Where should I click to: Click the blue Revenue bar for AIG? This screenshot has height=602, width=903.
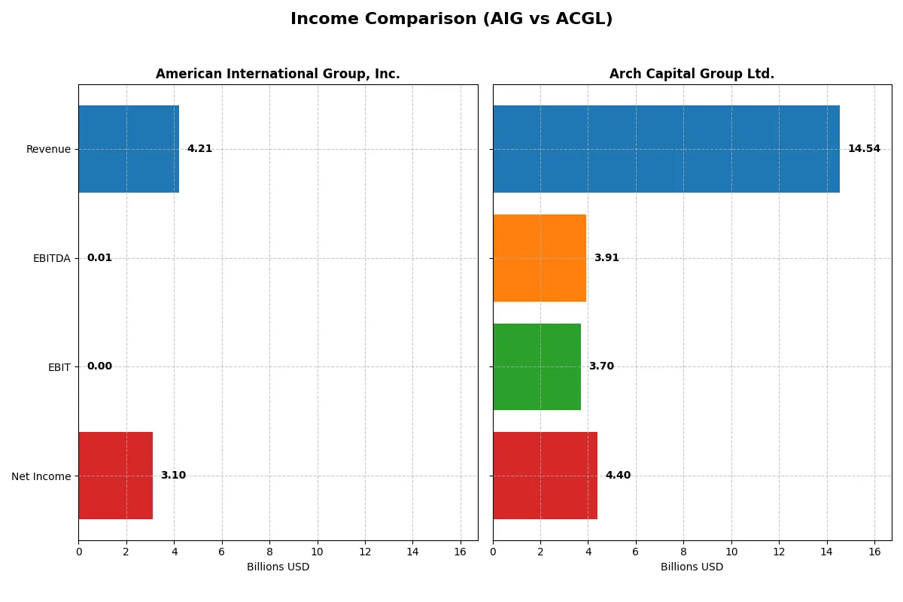(x=129, y=149)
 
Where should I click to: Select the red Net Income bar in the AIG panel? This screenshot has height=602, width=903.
(x=115, y=476)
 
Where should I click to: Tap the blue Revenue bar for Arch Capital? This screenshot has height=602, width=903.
(x=666, y=149)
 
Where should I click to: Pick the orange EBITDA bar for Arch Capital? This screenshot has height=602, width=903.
(x=540, y=258)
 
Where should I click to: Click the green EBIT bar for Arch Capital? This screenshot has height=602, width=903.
(x=537, y=366)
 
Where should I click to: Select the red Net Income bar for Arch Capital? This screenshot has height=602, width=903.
(x=545, y=476)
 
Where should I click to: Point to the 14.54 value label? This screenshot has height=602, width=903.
(x=864, y=149)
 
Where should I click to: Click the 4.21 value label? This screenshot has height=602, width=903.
(x=199, y=149)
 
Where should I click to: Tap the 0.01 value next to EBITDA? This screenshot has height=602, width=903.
(x=99, y=258)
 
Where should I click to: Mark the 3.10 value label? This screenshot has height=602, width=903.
(x=173, y=476)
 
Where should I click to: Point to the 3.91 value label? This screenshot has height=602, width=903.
(x=607, y=258)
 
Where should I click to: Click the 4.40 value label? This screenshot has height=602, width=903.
(x=618, y=476)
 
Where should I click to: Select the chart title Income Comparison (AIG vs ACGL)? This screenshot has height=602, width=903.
(x=451, y=20)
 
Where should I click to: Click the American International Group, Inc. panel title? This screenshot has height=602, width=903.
(x=278, y=74)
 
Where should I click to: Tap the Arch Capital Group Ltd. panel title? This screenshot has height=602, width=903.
(x=692, y=74)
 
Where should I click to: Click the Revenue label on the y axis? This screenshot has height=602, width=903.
(x=48, y=149)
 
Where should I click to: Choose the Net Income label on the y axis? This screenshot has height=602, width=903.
(x=41, y=476)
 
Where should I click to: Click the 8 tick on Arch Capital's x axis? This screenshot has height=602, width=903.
(x=683, y=552)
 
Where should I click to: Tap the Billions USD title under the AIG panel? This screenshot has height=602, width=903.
(x=278, y=567)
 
